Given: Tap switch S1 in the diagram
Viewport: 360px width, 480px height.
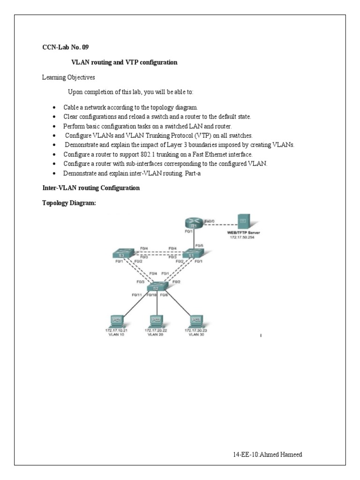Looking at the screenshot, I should coord(191,255).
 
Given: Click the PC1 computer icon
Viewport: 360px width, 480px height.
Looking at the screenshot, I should coord(115,320).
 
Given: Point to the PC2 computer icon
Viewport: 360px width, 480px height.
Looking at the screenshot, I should coord(156,320).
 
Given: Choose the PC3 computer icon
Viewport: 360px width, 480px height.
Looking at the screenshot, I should coord(195,320).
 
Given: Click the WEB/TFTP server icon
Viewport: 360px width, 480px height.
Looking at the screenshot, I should coord(243,221).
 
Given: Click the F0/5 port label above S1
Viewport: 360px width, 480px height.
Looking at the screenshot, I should coord(200,245).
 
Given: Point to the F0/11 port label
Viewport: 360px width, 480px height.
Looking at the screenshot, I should coord(136,295).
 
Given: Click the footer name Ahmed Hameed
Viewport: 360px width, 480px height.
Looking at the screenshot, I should coord(283,455).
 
